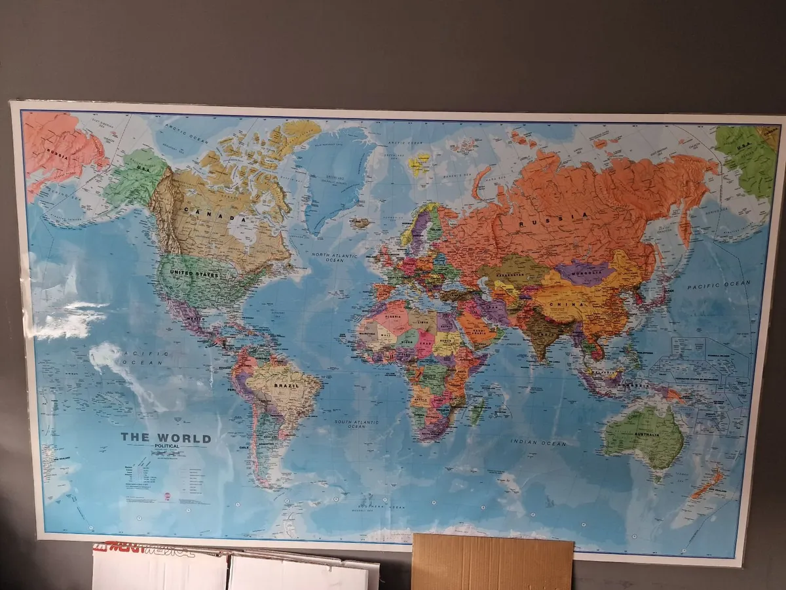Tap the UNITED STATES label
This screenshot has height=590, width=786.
tap(194, 274)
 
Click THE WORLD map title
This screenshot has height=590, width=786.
tap(165, 438)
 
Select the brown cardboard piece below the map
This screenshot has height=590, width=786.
tap(492, 562)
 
